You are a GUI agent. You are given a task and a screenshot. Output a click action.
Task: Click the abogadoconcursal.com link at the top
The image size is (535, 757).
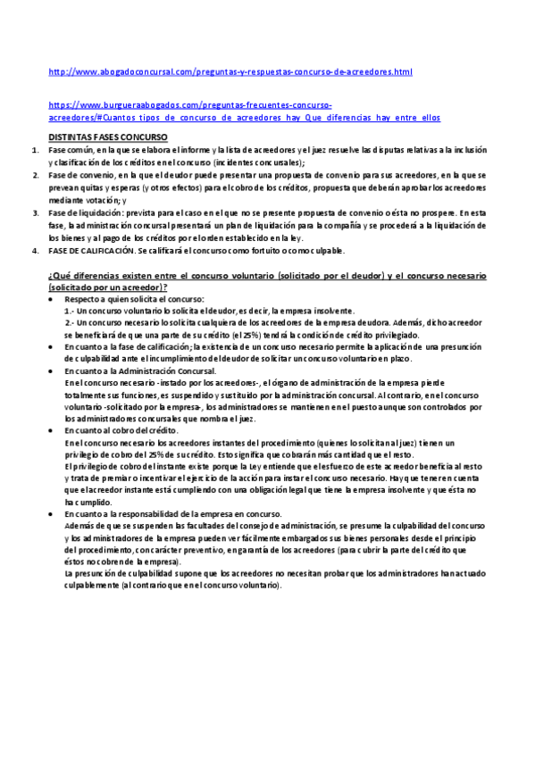click(x=230, y=71)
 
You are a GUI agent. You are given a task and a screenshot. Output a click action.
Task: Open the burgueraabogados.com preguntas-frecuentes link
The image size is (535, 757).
click(x=189, y=105)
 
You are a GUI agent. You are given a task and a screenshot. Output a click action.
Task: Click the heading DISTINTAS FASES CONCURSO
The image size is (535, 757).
click(x=107, y=137)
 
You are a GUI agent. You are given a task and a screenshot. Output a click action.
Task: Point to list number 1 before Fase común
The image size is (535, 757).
click(x=35, y=151)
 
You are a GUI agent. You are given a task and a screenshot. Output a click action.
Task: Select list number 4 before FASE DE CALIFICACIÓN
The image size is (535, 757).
click(x=35, y=250)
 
